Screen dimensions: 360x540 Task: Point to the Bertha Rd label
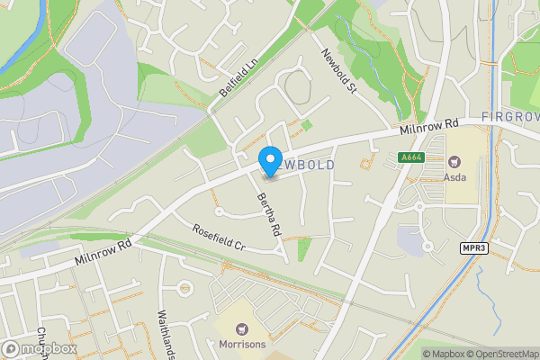tap(269, 214)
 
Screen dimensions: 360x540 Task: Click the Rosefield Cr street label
tap(219, 237)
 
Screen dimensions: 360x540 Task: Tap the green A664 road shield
tap(410, 157)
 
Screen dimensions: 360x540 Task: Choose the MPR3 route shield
tap(475, 247)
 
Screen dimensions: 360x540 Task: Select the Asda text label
tap(455, 176)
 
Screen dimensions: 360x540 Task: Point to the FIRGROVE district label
tap(509, 117)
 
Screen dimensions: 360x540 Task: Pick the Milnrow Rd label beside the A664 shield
tap(430, 128)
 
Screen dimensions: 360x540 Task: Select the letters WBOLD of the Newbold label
tap(310, 166)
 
